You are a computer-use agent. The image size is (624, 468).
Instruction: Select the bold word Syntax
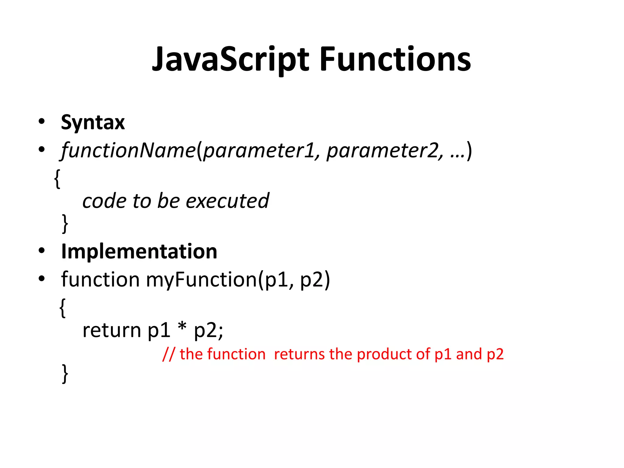[x=93, y=122]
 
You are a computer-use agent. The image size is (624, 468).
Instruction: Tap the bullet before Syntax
[x=42, y=121]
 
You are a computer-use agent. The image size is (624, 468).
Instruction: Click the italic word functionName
[x=128, y=150]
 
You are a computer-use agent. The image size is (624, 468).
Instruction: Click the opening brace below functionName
[x=57, y=179]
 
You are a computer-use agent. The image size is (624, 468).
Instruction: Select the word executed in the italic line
[x=227, y=201]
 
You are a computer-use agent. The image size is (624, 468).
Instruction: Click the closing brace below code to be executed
[x=65, y=223]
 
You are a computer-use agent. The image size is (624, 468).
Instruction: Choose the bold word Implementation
[x=139, y=252]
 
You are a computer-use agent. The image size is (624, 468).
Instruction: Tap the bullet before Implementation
[x=42, y=251]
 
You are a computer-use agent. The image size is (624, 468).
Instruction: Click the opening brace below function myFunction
[x=62, y=308]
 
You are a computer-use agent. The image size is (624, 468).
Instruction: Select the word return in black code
[x=112, y=330]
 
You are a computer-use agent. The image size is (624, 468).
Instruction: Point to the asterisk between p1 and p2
[x=182, y=328]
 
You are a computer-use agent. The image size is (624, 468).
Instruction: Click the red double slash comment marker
[x=169, y=354]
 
